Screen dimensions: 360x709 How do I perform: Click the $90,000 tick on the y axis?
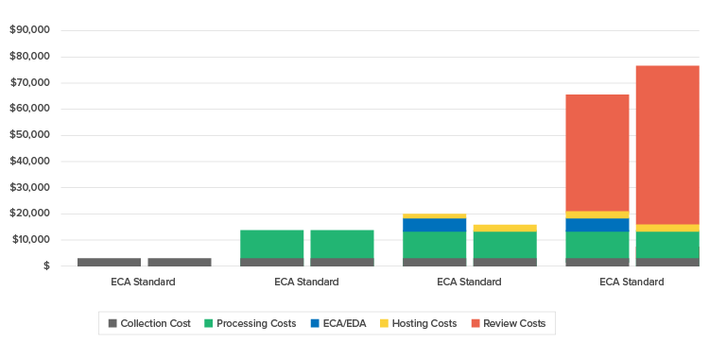pos(29,30)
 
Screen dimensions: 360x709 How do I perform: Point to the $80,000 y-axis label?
pos(29,57)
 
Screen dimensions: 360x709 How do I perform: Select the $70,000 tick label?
pos(29,82)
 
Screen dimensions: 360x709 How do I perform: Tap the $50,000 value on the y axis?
pos(29,135)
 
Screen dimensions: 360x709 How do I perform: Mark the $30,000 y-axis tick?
pos(29,187)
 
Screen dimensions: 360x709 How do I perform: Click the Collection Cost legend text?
pos(155,323)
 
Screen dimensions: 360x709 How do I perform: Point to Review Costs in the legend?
pos(513,323)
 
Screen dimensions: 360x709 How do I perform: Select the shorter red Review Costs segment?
pos(597,152)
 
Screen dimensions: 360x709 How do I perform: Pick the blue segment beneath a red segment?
pos(597,225)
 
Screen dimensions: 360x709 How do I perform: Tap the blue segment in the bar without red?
pos(434,225)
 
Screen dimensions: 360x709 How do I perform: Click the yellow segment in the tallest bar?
pos(667,228)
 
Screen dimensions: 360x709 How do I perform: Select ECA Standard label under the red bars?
pos(631,282)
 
